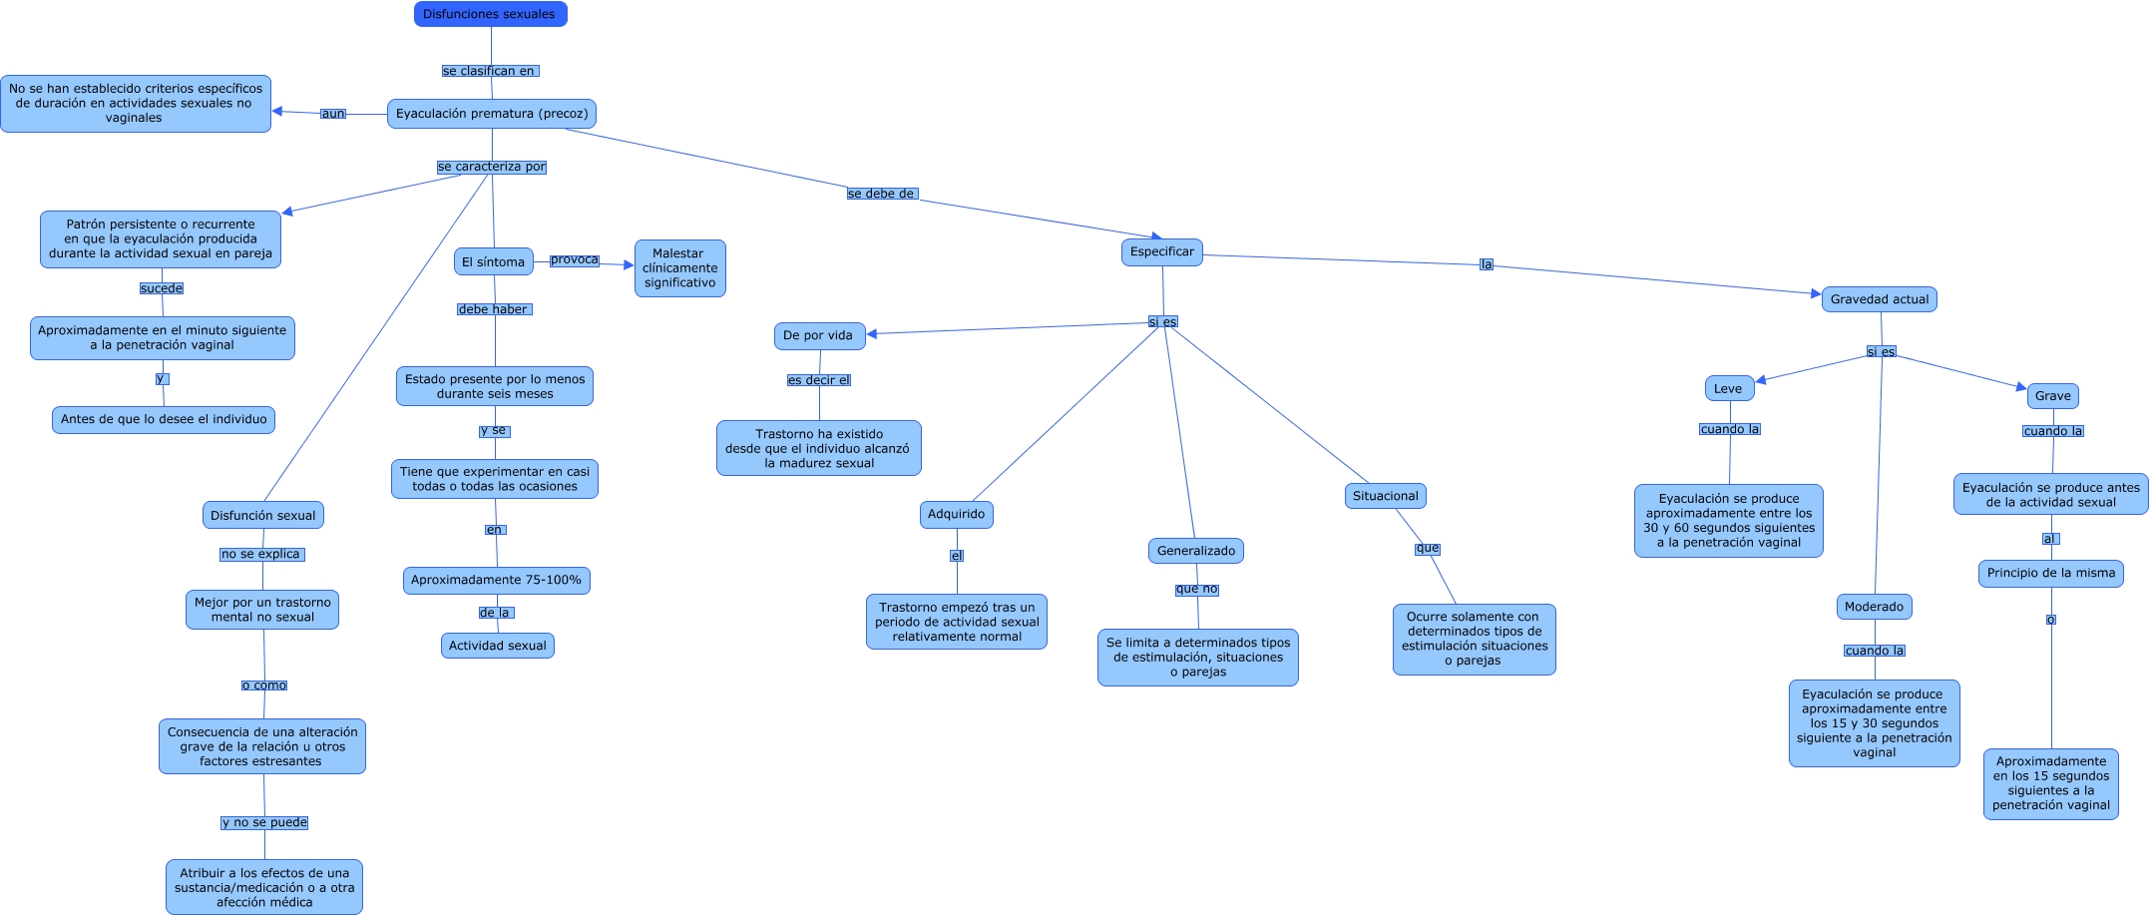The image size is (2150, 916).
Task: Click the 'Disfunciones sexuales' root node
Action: click(x=491, y=14)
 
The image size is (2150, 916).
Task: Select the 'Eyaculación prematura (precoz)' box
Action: click(x=492, y=114)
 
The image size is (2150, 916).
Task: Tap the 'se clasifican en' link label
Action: click(x=490, y=71)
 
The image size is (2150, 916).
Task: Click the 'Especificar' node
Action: click(x=1162, y=252)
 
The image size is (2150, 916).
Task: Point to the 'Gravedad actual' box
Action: click(x=1880, y=299)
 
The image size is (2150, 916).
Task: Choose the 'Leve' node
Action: click(x=1729, y=389)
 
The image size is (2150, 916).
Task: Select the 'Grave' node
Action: click(x=2053, y=396)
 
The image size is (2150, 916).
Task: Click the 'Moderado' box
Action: click(x=1875, y=607)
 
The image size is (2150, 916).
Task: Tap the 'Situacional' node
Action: click(x=1386, y=496)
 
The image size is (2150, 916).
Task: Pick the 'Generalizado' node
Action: click(x=1196, y=551)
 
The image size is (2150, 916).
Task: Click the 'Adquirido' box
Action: click(x=957, y=515)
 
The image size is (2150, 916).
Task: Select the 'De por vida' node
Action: click(x=819, y=336)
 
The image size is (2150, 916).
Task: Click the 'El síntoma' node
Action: click(x=494, y=262)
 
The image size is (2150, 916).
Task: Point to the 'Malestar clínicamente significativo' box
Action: click(x=680, y=268)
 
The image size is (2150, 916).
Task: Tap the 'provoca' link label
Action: click(x=575, y=260)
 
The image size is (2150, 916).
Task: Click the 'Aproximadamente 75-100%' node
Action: click(x=497, y=581)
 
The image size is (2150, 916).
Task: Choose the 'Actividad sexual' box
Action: click(x=498, y=647)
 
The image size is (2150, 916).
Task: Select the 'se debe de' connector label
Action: click(x=882, y=194)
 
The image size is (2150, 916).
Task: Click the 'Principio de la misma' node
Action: click(x=2051, y=574)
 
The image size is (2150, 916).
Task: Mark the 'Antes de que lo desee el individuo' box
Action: click(x=164, y=420)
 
